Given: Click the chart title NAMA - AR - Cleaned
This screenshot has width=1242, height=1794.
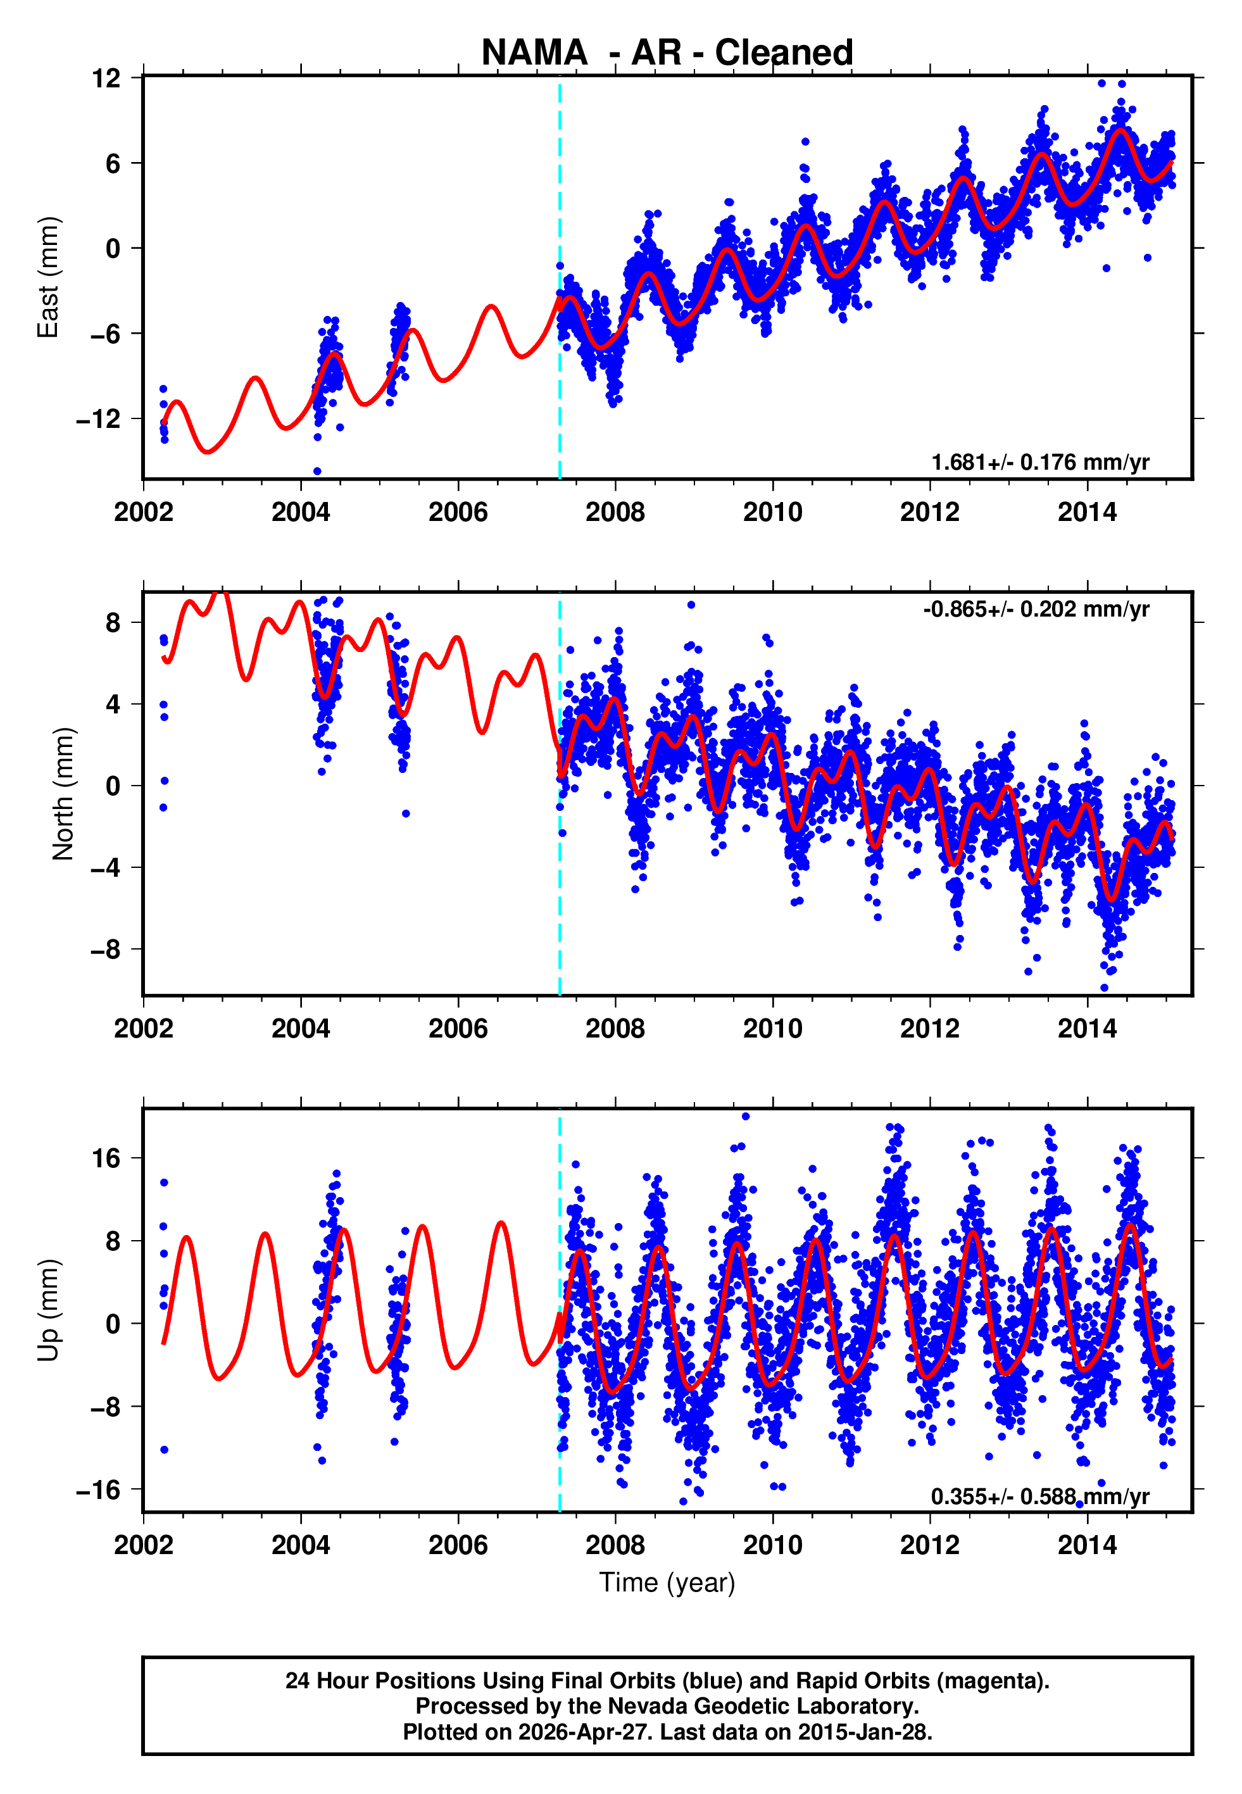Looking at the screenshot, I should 667,53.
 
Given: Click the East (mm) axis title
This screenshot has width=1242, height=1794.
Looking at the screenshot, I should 48,277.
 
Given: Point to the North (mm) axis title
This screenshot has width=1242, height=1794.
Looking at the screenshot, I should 63,794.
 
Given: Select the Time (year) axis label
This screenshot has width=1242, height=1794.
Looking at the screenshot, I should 667,1583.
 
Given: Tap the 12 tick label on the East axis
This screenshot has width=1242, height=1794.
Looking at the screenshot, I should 106,78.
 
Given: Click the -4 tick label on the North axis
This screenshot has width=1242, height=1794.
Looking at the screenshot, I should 104,867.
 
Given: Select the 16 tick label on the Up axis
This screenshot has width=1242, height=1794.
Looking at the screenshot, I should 106,1158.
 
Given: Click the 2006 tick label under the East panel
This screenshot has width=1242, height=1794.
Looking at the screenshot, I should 458,512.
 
